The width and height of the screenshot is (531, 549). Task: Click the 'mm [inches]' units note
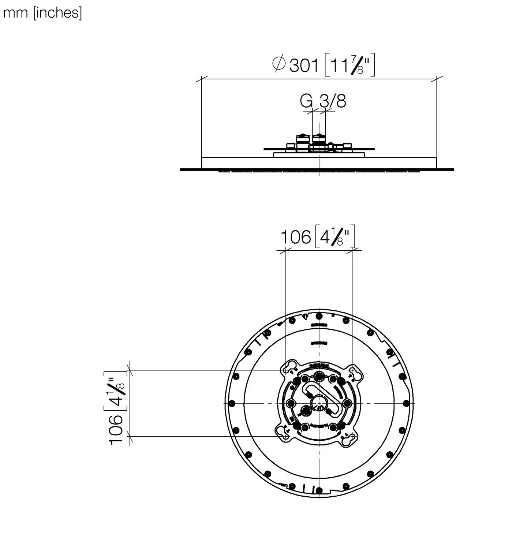pos(42,13)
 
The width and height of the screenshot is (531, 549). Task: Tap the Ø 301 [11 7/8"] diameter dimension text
pos(324,65)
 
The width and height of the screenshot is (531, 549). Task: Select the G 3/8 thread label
pos(323,101)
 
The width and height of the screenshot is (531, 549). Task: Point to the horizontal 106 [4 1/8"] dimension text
pos(318,236)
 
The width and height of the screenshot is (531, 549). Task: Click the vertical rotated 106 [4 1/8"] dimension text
pos(116,407)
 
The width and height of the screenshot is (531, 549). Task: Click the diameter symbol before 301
pos(279,64)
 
